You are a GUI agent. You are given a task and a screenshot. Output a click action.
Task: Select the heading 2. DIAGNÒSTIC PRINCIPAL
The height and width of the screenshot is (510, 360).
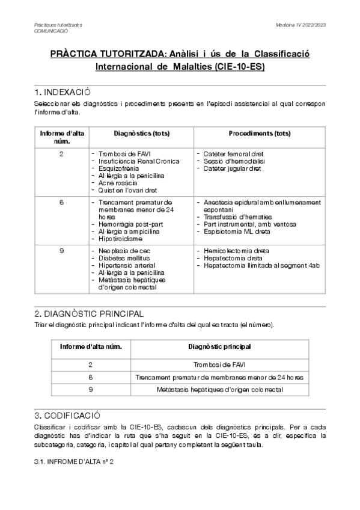click(x=89, y=314)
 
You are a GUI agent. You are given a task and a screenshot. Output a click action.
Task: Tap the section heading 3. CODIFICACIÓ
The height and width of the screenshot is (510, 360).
click(x=67, y=416)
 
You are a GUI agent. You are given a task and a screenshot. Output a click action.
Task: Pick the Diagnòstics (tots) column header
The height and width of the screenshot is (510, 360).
click(x=141, y=133)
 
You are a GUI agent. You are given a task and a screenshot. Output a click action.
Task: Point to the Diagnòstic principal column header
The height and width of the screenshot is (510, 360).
click(x=219, y=347)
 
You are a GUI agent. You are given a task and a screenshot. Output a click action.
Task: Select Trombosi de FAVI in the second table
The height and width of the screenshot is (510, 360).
click(x=219, y=364)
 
